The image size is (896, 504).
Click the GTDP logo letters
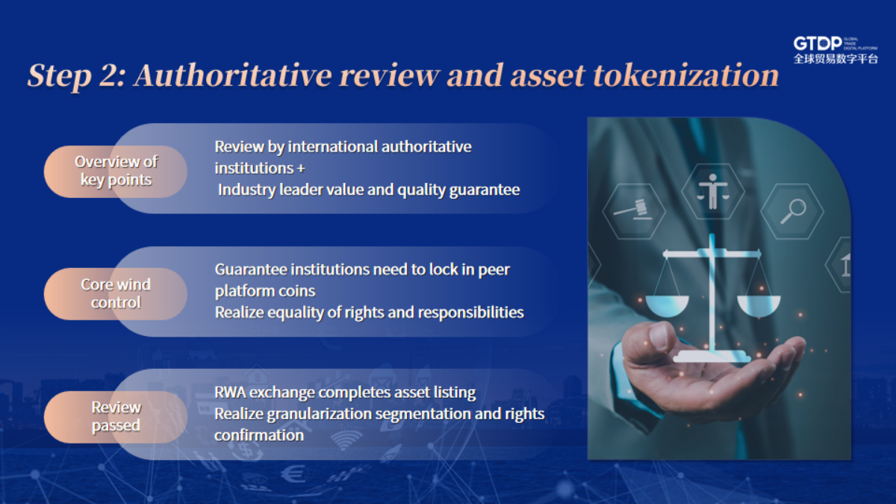818,43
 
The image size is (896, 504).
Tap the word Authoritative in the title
233,75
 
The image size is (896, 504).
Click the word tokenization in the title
685,75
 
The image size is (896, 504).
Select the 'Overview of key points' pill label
116,171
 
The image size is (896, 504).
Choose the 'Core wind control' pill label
116,293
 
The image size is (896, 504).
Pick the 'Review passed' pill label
116,417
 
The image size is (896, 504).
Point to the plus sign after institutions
301,169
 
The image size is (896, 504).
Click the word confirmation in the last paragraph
259,435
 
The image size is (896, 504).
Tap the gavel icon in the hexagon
634,210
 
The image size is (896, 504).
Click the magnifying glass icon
793,211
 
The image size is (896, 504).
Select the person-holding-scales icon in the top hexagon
713,191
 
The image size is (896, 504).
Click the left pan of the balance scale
668,305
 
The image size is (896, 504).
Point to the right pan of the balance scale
759,305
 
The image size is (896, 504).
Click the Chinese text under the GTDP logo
836,59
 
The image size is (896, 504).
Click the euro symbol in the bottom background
293,475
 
